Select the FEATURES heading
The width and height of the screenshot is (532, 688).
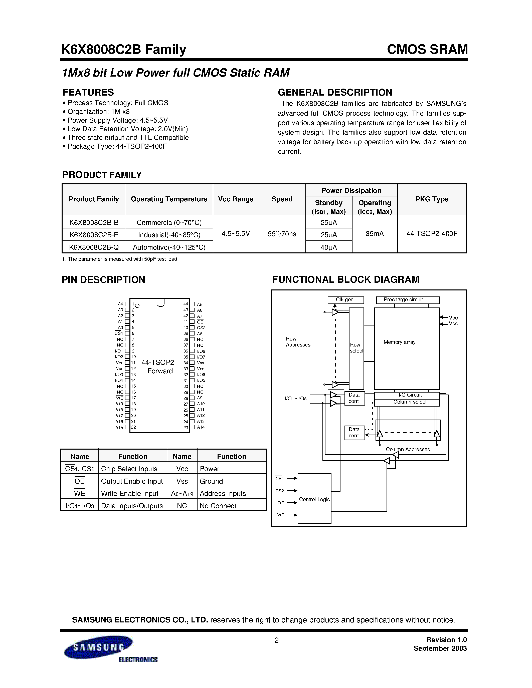(x=88, y=92)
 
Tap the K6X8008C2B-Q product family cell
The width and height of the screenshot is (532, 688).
(x=94, y=247)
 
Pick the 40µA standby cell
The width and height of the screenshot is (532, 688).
(x=329, y=247)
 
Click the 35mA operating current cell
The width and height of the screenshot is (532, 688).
(x=375, y=234)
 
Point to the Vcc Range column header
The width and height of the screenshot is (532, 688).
(x=236, y=199)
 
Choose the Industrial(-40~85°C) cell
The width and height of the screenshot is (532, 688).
(x=169, y=235)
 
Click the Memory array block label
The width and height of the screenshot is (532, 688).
(x=400, y=342)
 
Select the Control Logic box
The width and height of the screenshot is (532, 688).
(x=314, y=499)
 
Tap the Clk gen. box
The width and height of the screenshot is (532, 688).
(x=345, y=300)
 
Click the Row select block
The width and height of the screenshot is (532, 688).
(x=357, y=348)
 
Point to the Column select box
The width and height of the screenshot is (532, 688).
(x=410, y=402)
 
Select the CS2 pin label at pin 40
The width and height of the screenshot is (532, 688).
(x=201, y=328)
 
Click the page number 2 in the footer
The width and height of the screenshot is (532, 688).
(x=276, y=640)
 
